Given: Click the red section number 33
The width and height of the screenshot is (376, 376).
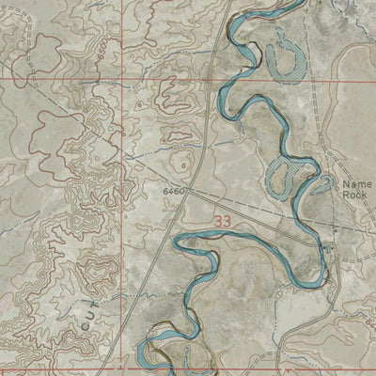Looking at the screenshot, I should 223,221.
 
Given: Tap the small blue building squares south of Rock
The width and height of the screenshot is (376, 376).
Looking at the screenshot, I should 329,246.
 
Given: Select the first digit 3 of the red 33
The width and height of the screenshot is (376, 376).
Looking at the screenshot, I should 218,221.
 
